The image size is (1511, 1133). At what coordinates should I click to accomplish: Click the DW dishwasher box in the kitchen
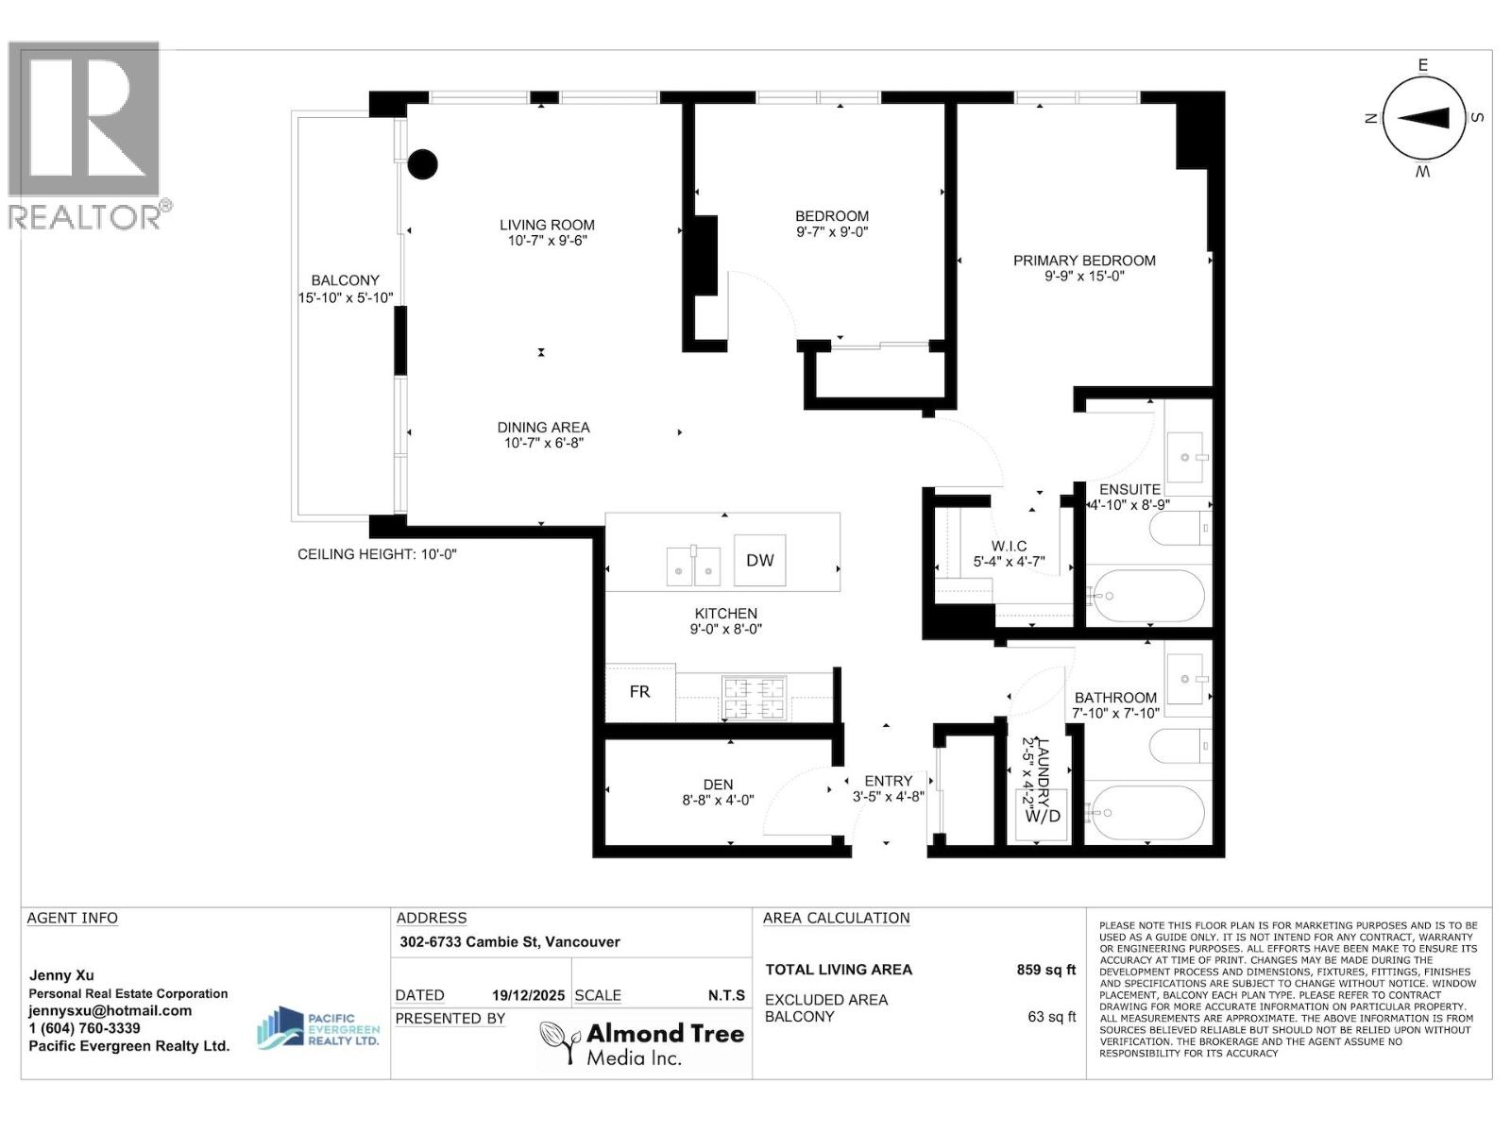click(759, 561)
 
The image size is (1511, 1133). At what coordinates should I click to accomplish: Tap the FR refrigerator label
click(639, 692)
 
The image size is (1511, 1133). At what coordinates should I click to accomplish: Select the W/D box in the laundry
click(1043, 816)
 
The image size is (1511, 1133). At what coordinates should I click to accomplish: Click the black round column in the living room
click(422, 164)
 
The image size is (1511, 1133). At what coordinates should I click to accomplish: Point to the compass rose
click(1423, 118)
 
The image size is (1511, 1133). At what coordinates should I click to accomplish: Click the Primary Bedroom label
click(1084, 261)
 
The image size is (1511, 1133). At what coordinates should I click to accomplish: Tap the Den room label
click(718, 785)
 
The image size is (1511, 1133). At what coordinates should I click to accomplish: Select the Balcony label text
click(346, 280)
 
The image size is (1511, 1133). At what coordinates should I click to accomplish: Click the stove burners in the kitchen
click(754, 699)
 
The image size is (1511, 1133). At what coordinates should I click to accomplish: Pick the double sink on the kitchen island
click(693, 565)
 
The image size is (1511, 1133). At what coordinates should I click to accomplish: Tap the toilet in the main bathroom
click(1178, 746)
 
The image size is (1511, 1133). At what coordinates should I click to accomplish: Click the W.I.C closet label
click(1009, 547)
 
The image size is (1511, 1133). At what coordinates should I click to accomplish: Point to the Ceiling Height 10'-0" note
click(377, 554)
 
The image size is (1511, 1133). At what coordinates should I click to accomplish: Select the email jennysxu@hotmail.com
click(110, 1010)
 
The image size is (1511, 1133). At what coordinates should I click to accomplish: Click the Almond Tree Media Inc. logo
click(642, 1043)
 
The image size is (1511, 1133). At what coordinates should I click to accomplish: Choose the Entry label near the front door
click(888, 781)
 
